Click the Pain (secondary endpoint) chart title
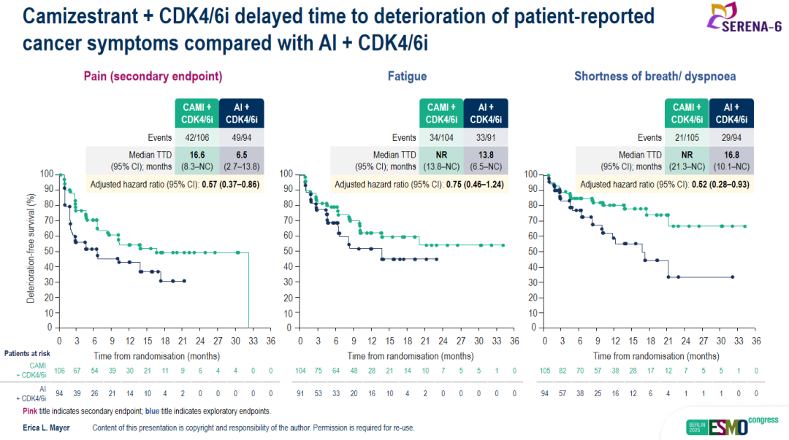(153, 76)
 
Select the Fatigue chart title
(408, 76)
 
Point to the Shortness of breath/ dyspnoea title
(655, 76)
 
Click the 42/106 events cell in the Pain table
(197, 137)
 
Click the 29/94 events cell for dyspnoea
(731, 137)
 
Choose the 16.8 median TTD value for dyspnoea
(731, 155)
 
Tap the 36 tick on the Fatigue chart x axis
(514, 340)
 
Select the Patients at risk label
(26, 354)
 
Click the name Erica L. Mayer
(46, 428)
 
